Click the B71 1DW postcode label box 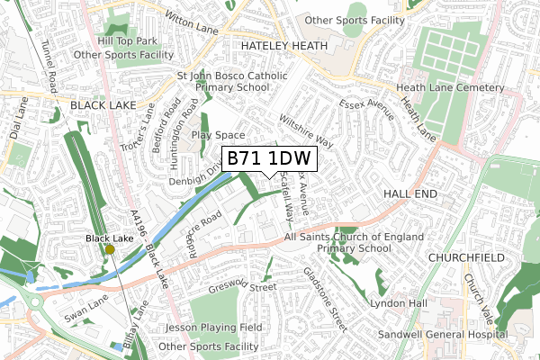[269, 159]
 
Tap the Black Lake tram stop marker [110, 249]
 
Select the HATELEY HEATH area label [275, 43]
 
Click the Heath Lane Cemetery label [452, 88]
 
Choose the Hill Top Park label [129, 40]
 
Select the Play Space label [213, 135]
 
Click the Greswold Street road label [241, 289]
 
